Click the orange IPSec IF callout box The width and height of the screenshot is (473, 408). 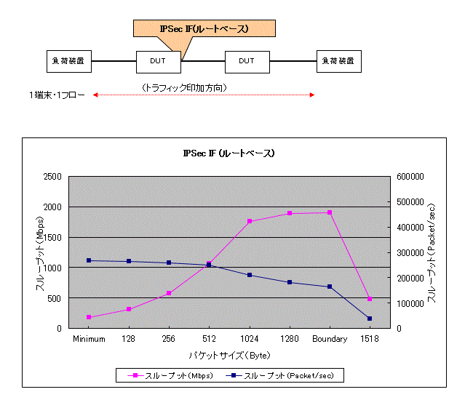tap(204, 28)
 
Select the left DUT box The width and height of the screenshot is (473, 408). tap(158, 61)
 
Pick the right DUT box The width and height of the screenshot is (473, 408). tap(247, 61)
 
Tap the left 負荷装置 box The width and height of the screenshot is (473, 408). tap(69, 61)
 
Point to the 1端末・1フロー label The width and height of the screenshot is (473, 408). tap(57, 95)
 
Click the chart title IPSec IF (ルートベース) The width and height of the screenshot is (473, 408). tap(228, 153)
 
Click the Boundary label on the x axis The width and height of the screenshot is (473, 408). tap(330, 339)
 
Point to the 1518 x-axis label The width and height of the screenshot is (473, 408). tap(370, 339)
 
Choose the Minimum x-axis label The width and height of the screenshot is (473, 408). tap(89, 339)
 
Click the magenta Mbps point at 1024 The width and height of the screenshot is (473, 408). tap(249, 221)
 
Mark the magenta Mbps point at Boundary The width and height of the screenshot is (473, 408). tap(330, 212)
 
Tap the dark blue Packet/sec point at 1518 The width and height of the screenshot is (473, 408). tap(370, 319)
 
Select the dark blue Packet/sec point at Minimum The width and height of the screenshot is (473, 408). tap(89, 260)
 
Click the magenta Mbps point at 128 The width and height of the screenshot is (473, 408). tap(129, 309)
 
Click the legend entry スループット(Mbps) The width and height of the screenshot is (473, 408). tap(170, 375)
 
